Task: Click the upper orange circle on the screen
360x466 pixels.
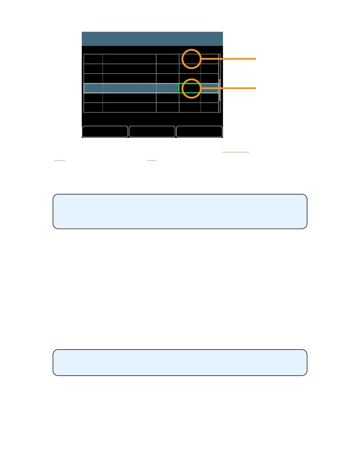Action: pos(191,59)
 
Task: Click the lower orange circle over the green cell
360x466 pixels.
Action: pos(191,88)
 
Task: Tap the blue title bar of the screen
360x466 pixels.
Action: pos(152,39)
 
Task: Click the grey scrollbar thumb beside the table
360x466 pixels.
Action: pos(219,90)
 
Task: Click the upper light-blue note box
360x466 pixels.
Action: pos(180,211)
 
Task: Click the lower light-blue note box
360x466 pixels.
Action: pos(180,362)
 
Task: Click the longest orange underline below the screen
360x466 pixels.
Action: pos(235,152)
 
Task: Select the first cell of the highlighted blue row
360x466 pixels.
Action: pos(93,88)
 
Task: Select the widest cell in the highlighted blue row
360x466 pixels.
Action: pos(129,88)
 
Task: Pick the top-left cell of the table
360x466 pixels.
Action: pos(93,59)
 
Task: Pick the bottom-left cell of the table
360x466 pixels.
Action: pos(93,107)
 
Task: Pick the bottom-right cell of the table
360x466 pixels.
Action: pos(209,107)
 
